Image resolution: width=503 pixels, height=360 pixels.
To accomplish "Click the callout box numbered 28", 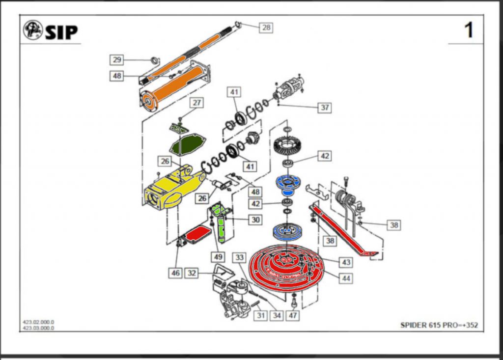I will pos(266,28).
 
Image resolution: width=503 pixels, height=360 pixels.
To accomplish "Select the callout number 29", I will pos(117,60).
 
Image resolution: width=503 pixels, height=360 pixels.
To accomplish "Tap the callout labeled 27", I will pos(197,103).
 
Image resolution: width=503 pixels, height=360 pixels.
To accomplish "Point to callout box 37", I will pos(324,107).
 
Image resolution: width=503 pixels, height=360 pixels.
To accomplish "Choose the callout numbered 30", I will pos(255,220).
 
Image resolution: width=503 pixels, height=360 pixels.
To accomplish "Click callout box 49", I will pos(218,256).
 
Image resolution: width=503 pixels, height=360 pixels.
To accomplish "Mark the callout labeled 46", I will pos(176,273).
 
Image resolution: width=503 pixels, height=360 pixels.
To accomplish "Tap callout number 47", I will pos(293,315).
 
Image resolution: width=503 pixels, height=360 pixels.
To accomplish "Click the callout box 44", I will pos(346,278).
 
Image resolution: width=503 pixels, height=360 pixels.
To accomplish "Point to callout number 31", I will pos(260,315).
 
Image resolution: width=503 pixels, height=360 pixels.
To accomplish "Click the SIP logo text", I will pos(61,32).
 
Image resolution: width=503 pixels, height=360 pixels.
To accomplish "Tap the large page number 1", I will pos(469,30).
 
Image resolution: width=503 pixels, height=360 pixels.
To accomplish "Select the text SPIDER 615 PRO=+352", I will pos(439,325).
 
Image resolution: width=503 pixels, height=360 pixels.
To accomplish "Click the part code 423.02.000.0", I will pos(38,322).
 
